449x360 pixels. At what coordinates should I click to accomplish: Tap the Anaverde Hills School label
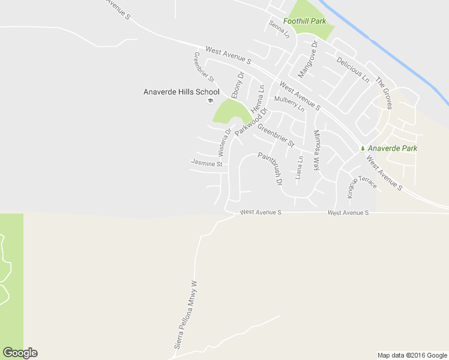tap(181, 92)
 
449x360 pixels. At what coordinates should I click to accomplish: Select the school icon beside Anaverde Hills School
tap(210, 100)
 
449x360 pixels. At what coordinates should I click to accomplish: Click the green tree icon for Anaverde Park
tap(362, 148)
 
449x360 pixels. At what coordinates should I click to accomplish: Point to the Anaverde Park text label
tap(393, 148)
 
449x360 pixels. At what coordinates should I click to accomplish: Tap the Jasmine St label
tap(206, 163)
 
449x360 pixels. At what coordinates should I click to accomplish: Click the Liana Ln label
tap(300, 167)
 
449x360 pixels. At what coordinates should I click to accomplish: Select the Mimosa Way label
tap(318, 150)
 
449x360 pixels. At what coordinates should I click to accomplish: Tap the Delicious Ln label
tap(353, 70)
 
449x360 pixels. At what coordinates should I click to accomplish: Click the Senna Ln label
tap(279, 29)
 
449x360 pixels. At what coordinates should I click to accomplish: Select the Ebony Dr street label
tap(237, 85)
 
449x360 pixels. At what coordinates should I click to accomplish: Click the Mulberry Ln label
tap(289, 104)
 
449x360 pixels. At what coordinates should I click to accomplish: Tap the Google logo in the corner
tap(20, 353)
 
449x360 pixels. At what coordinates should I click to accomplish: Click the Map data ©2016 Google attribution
tap(412, 355)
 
